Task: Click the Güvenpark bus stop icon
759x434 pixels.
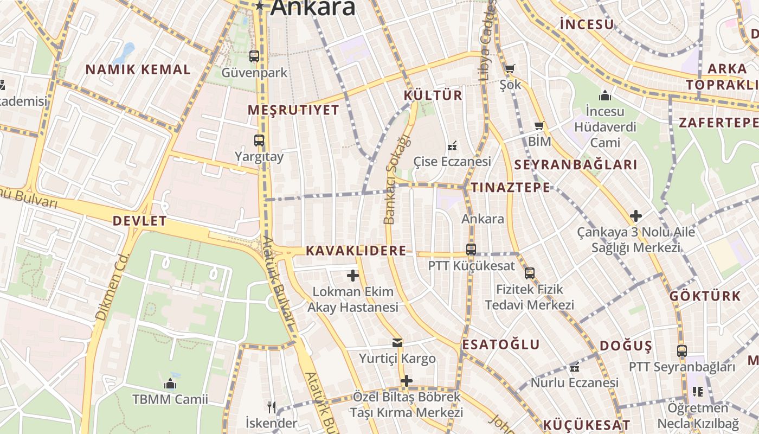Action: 254,56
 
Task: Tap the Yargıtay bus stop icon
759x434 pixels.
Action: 259,140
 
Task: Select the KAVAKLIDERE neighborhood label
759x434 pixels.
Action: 356,251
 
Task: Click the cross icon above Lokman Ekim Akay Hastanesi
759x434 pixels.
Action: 353,276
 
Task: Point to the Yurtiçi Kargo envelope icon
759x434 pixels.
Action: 397,343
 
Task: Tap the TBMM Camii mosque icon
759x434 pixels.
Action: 170,384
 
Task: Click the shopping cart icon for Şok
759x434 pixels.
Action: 510,69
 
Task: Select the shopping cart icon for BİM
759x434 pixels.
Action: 539,126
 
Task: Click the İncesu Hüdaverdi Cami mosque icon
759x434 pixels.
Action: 605,96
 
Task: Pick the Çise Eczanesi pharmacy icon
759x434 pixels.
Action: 452,145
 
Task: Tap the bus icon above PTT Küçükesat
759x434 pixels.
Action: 471,250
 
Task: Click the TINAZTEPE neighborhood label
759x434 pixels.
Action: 510,188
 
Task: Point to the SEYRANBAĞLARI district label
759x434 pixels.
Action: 575,165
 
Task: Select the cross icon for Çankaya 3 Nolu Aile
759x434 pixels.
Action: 636,216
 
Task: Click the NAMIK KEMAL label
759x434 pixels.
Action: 138,69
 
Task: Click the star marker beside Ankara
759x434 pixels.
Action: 260,6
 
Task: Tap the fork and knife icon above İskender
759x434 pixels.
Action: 271,406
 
